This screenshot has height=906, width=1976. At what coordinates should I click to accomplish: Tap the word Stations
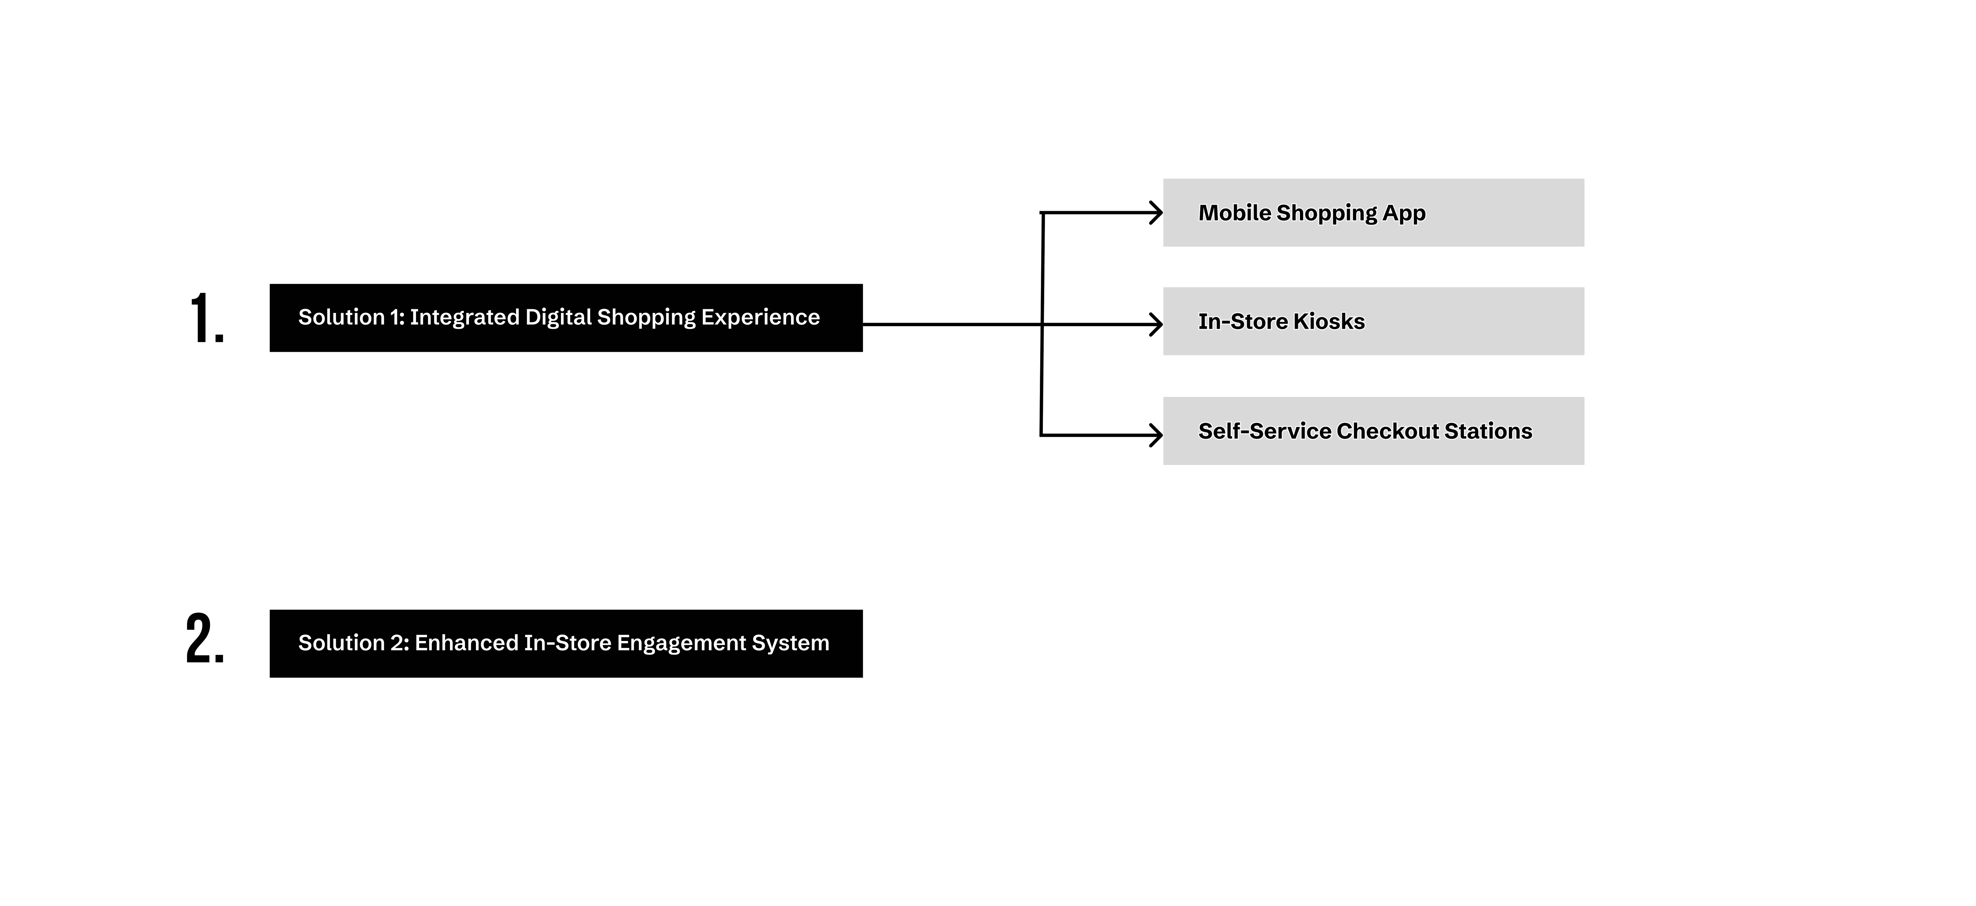click(1488, 431)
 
